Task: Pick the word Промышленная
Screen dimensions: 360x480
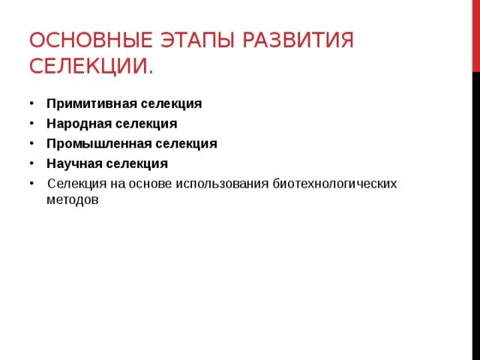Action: [93, 143]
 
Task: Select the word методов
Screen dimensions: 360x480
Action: [73, 201]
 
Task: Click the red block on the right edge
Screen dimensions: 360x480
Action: [476, 37]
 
